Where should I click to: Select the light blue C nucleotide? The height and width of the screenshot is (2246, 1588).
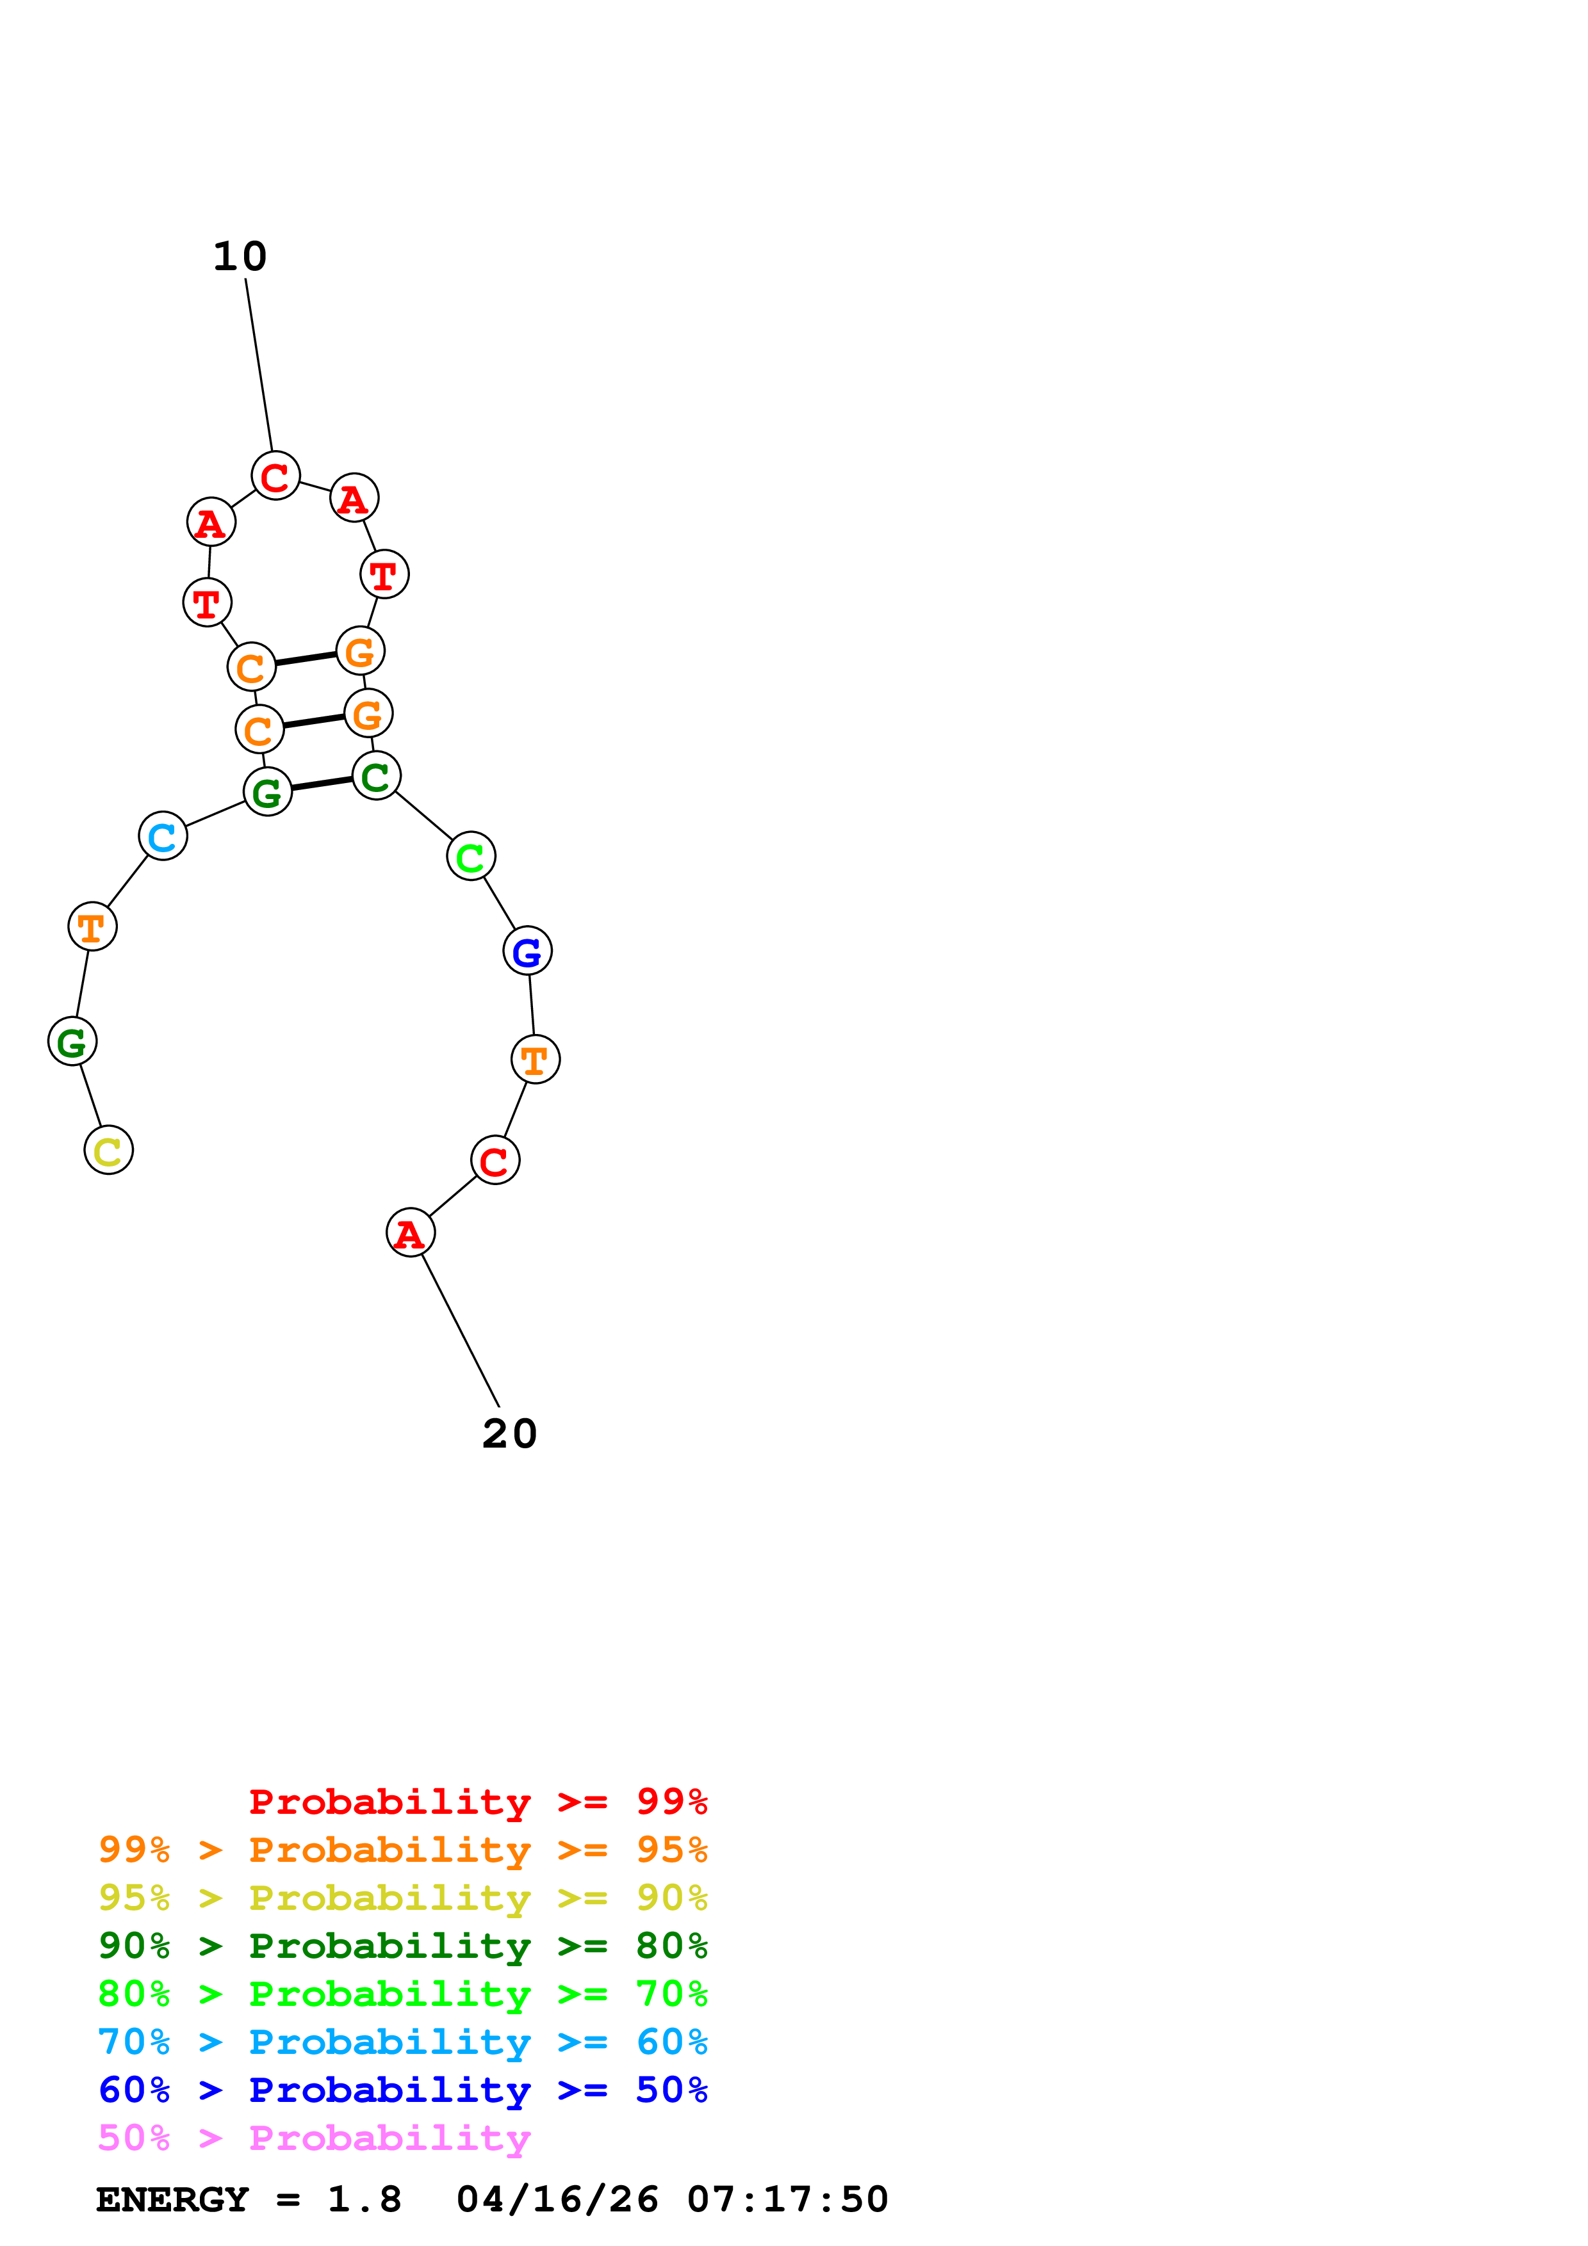click(x=163, y=836)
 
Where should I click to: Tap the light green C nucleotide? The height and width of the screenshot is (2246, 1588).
click(x=471, y=856)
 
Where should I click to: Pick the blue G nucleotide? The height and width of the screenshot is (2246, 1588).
click(x=527, y=950)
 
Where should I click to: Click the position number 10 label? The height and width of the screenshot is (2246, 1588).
click(x=240, y=256)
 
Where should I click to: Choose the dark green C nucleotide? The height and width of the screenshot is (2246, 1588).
click(x=376, y=776)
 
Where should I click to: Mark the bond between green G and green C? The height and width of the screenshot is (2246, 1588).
click(x=322, y=784)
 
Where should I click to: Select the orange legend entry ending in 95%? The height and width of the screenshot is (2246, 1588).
click(x=402, y=1850)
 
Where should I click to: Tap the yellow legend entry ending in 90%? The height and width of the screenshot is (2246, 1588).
click(x=402, y=1898)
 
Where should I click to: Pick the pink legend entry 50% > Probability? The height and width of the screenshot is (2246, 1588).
click(x=314, y=2138)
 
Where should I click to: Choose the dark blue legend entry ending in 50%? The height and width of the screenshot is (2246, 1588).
click(x=402, y=2090)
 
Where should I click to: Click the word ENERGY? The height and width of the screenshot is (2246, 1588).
click(x=172, y=2200)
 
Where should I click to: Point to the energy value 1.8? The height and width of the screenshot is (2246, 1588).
click(x=364, y=2200)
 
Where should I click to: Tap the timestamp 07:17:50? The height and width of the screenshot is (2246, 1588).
click(x=788, y=2200)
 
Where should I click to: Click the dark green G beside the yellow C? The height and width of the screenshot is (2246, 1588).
click(x=72, y=1042)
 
